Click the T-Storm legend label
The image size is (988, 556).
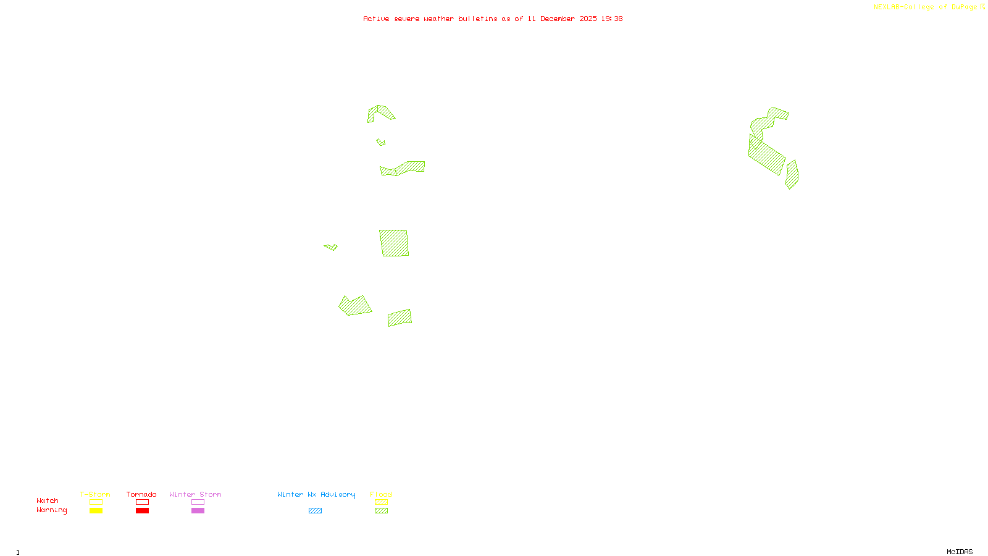pyautogui.click(x=95, y=494)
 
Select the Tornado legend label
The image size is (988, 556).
pyautogui.click(x=141, y=494)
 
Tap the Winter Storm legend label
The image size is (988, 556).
pyautogui.click(x=195, y=494)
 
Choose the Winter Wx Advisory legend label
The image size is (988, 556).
pyautogui.click(x=316, y=494)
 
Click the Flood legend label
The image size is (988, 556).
pyautogui.click(x=381, y=494)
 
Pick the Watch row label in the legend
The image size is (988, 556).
pyautogui.click(x=48, y=500)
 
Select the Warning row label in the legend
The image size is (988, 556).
pyautogui.click(x=51, y=510)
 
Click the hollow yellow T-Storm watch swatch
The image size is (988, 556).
pyautogui.click(x=96, y=502)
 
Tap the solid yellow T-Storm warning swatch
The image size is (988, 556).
pyautogui.click(x=96, y=511)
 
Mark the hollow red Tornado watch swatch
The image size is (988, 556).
pyautogui.click(x=142, y=502)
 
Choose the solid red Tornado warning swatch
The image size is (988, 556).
pyautogui.click(x=142, y=511)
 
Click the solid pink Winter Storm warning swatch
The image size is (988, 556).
pyautogui.click(x=198, y=511)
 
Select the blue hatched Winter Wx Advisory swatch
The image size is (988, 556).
pyautogui.click(x=315, y=511)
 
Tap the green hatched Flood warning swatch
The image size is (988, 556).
pyautogui.click(x=381, y=511)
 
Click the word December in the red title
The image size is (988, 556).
pyautogui.click(x=558, y=19)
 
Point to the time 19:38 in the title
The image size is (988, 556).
pyautogui.click(x=612, y=19)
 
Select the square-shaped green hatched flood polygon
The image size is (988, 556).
pyautogui.click(x=394, y=243)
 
